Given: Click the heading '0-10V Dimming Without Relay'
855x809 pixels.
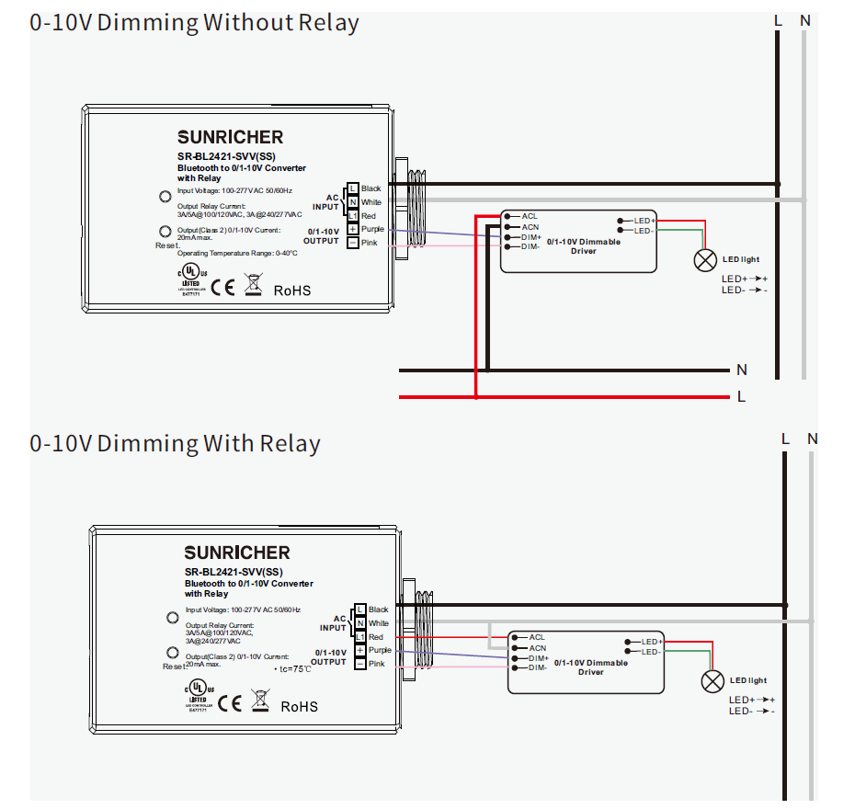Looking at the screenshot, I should [x=194, y=22].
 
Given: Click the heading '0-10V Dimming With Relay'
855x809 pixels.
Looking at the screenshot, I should [x=175, y=444].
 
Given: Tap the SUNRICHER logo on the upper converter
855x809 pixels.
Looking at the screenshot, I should [x=230, y=137].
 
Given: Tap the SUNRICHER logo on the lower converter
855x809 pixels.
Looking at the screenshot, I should [x=236, y=553].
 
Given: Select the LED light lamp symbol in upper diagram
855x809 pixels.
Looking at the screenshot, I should [x=705, y=260].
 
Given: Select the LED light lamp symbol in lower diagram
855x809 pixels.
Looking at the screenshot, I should [x=712, y=681].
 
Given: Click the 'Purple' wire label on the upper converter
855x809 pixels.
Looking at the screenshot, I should [x=372, y=229].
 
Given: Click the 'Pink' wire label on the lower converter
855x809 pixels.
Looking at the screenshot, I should [x=376, y=664].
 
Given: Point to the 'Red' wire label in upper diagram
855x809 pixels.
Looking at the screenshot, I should [x=368, y=215].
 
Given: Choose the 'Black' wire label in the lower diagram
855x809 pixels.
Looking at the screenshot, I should [x=378, y=610].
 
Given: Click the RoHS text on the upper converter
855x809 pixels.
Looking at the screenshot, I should [x=292, y=291].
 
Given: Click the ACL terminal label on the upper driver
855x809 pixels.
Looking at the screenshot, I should [x=530, y=216].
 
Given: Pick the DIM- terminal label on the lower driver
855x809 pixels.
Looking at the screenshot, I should [x=538, y=667].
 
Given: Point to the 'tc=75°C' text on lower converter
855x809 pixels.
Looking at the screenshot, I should [x=293, y=669].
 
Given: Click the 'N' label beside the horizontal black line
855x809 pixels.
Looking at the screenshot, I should [x=741, y=370].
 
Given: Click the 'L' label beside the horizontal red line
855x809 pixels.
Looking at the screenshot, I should [x=741, y=397].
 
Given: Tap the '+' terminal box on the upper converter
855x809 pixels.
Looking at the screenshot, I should [x=352, y=229].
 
